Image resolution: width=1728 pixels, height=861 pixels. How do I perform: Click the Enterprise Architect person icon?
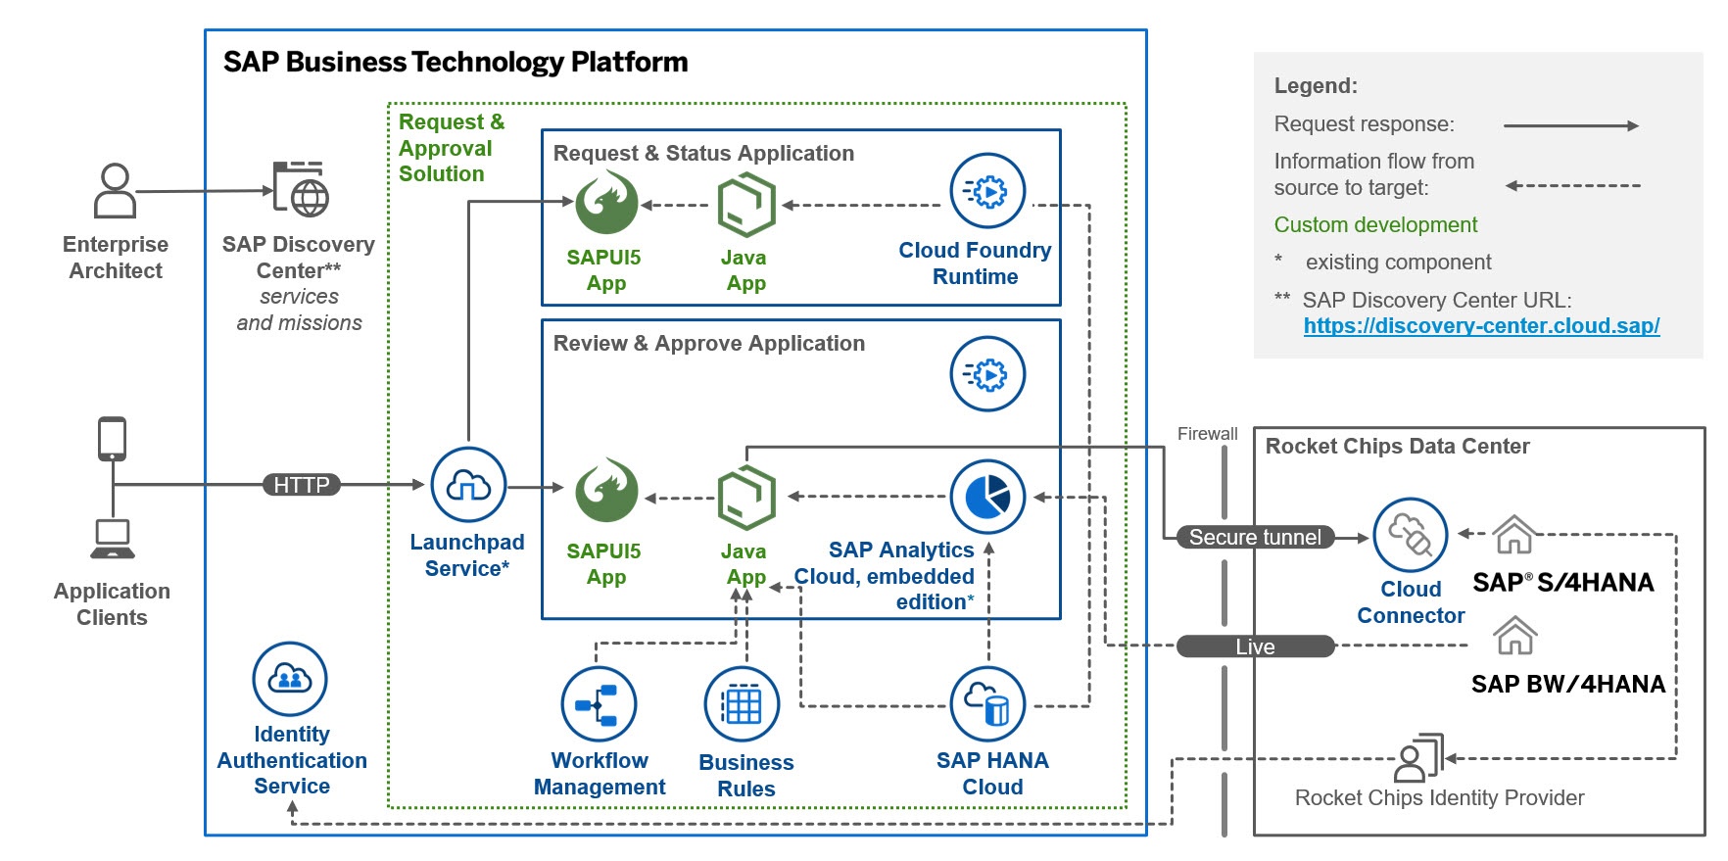point(115,190)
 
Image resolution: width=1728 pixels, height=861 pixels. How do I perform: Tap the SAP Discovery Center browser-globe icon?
point(301,190)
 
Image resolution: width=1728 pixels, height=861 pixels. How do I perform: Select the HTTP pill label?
point(301,485)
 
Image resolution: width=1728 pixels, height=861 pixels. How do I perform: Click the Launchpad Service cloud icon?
point(468,485)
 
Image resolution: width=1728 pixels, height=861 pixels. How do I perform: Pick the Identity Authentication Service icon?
point(290,679)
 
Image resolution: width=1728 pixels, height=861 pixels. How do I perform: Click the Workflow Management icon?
point(599,704)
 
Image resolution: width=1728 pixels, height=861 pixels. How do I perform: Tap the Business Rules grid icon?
point(742,704)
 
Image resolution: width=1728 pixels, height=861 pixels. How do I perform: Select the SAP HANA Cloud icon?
point(987,704)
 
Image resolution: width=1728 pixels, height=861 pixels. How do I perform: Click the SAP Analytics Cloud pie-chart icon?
point(987,498)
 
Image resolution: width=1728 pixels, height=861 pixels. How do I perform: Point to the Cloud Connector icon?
point(1410,535)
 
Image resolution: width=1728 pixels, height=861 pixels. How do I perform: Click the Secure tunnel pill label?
point(1254,537)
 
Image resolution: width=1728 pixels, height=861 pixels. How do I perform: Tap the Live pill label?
point(1255,646)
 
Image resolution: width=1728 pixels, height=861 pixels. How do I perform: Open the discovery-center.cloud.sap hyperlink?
point(1481,326)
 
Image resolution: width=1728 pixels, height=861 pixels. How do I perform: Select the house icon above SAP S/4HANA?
point(1513,535)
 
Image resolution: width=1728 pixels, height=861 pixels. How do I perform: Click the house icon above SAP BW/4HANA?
point(1514,636)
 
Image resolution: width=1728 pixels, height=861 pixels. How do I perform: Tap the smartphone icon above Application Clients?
point(113,439)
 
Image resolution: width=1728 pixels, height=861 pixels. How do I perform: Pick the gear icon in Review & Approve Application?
point(987,374)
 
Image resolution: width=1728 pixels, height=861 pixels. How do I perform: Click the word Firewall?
point(1207,434)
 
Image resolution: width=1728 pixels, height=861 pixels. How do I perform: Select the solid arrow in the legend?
point(1570,125)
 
